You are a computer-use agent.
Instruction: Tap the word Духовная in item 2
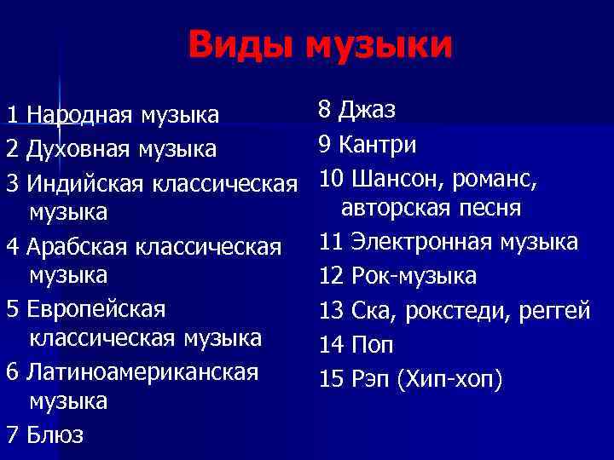[x=69, y=149]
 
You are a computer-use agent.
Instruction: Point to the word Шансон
[x=397, y=180]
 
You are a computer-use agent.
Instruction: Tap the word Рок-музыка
[x=414, y=276]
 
